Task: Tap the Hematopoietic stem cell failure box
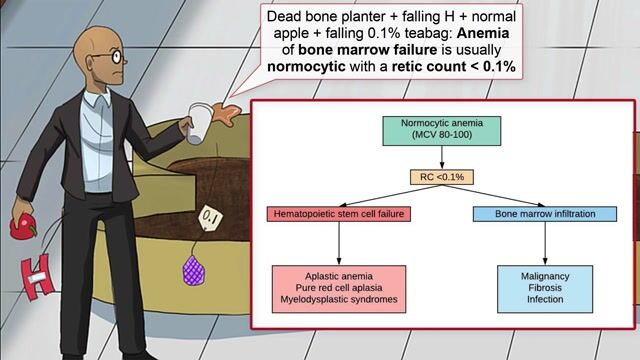(x=338, y=215)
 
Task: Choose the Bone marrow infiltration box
(x=544, y=214)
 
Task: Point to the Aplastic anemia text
(x=339, y=271)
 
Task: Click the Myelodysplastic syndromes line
(x=339, y=299)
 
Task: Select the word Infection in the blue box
(x=544, y=299)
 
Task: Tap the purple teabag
(x=193, y=269)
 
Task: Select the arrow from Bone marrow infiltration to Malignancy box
(x=544, y=243)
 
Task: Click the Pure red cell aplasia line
(x=339, y=285)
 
